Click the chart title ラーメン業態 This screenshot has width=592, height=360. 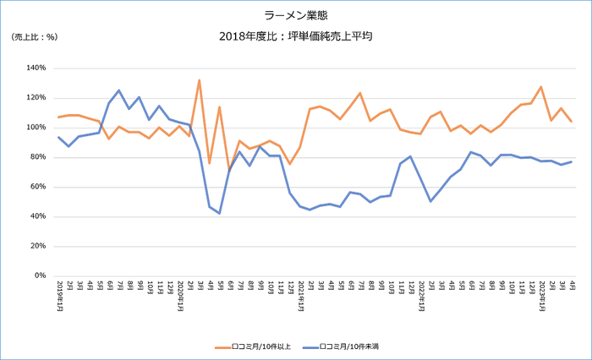point(295,15)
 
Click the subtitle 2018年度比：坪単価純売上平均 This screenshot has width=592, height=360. point(295,37)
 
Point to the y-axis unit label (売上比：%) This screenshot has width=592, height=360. point(34,37)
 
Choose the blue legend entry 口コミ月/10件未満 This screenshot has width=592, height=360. point(347,346)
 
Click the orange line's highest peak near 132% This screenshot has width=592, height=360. point(199,80)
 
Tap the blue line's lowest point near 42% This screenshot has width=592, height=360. point(219,213)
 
